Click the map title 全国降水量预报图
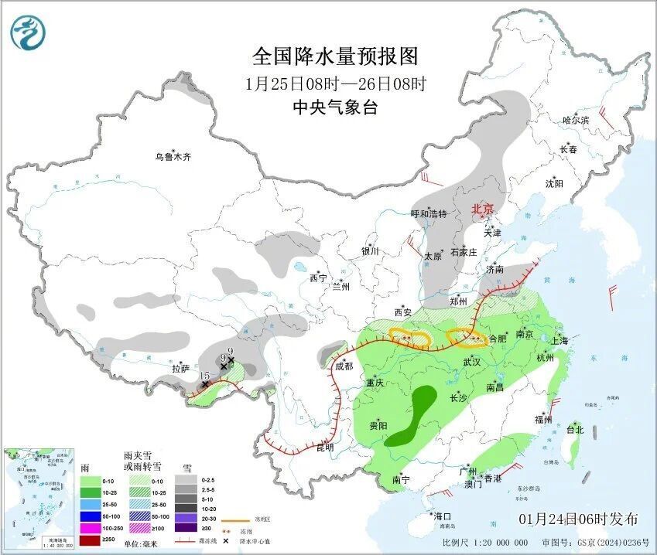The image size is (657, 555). point(335,56)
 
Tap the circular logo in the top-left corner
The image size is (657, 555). point(28,32)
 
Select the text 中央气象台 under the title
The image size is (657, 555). point(335,107)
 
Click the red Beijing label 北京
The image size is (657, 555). point(483,209)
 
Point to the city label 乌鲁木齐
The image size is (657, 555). point(172,157)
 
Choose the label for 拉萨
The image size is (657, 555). point(180,369)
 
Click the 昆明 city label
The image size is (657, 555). point(326,447)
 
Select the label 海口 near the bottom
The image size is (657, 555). point(442,516)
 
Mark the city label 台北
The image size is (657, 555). point(574,429)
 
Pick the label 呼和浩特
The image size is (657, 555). point(429,213)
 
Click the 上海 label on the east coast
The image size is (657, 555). point(559,341)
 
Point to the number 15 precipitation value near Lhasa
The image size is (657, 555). point(205,376)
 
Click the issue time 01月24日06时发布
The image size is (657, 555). point(578,519)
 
